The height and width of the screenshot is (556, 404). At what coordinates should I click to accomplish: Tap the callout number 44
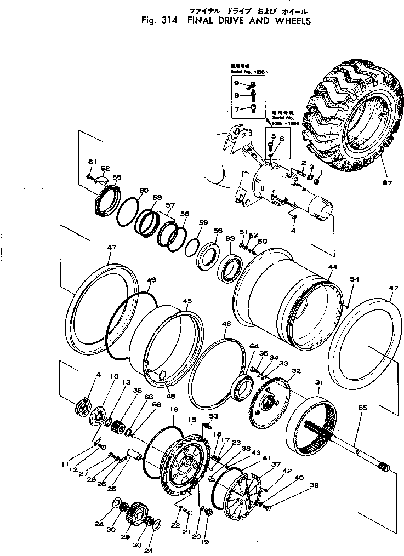[x=332, y=266]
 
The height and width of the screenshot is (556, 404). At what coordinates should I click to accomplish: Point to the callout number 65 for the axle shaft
[x=362, y=408]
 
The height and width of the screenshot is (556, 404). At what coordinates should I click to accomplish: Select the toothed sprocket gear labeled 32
[x=269, y=404]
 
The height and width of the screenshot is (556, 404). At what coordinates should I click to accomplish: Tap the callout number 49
[x=151, y=280]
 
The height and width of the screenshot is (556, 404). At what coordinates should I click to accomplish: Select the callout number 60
[x=144, y=191]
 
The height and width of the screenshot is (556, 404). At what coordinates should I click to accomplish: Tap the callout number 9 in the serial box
[x=236, y=83]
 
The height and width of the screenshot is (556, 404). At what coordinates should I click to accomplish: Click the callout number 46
[x=226, y=324]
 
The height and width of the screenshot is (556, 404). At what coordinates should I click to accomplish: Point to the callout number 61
[x=91, y=161]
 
